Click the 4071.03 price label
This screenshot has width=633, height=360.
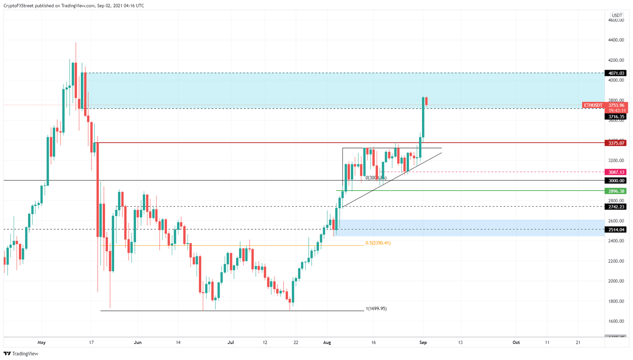click(615, 73)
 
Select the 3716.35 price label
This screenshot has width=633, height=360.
click(615, 117)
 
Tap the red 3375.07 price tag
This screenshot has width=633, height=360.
click(615, 143)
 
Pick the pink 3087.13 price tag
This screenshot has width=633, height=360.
click(615, 172)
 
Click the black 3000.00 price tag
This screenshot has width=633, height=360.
click(615, 181)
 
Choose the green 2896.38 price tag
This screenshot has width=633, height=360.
click(615, 191)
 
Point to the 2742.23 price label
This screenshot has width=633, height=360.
click(615, 207)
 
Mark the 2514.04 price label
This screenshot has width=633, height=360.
click(615, 230)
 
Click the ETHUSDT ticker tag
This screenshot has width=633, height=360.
click(593, 105)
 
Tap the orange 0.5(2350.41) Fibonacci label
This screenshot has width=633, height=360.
click(378, 243)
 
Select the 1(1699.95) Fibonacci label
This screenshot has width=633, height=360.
click(376, 308)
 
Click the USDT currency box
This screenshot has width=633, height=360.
click(617, 16)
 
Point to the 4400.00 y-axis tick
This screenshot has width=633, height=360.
click(616, 40)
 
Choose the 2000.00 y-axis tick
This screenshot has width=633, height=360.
click(616, 281)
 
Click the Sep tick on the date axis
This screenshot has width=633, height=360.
click(423, 342)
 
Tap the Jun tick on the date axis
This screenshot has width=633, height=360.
click(138, 342)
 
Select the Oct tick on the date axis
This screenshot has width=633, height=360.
click(516, 342)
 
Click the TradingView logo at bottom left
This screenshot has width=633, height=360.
click(21, 353)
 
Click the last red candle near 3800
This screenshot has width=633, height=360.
click(426, 101)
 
